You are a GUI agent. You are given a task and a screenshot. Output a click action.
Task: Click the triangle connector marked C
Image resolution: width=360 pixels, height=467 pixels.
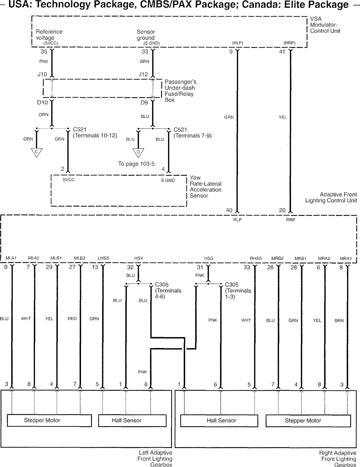[x=37, y=152]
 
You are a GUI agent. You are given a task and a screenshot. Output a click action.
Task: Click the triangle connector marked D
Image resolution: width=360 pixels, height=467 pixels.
[x=138, y=153]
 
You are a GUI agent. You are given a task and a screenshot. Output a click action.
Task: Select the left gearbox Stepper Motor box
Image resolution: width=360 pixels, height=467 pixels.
[x=49, y=420]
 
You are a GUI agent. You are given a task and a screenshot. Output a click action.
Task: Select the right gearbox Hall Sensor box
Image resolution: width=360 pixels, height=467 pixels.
[x=219, y=421]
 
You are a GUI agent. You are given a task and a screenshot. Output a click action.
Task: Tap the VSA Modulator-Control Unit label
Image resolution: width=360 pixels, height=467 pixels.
[x=325, y=25]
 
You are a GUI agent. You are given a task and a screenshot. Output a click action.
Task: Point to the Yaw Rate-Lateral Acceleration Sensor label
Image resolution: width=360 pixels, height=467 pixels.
[x=205, y=187]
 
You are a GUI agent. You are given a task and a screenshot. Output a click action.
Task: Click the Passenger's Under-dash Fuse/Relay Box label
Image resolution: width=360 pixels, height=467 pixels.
[x=180, y=91]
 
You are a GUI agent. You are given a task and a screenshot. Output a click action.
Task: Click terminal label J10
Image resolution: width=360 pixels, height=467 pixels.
[x=42, y=74]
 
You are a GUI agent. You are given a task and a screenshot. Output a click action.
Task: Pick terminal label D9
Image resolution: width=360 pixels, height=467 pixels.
[x=144, y=103]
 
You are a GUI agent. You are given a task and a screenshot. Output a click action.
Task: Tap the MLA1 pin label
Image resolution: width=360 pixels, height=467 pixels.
[x=11, y=258]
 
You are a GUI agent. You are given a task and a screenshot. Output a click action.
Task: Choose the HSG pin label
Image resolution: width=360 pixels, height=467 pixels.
[x=209, y=258]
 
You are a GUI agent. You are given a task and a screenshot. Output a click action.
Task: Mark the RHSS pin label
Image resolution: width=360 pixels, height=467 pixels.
[x=256, y=258]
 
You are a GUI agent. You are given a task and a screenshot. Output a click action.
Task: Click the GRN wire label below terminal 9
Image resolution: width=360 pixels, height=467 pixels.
[x=229, y=117]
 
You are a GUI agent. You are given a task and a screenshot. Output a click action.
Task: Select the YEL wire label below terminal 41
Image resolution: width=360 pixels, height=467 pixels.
[x=283, y=117]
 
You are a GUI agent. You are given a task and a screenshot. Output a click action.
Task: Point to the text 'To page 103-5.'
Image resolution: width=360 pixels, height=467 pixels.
[x=137, y=164]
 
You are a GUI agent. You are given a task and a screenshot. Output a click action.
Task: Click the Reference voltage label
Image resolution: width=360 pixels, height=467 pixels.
[x=49, y=35]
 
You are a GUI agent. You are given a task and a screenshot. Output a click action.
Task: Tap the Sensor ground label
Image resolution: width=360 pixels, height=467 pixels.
[x=146, y=35]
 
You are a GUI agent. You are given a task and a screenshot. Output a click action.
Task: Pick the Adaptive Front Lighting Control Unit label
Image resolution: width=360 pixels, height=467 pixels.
[x=331, y=197]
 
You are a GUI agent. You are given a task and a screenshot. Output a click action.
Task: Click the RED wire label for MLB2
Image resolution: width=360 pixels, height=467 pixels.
[x=72, y=319]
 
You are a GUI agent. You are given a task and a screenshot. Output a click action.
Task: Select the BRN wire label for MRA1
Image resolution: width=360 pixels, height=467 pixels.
[x=339, y=321]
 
